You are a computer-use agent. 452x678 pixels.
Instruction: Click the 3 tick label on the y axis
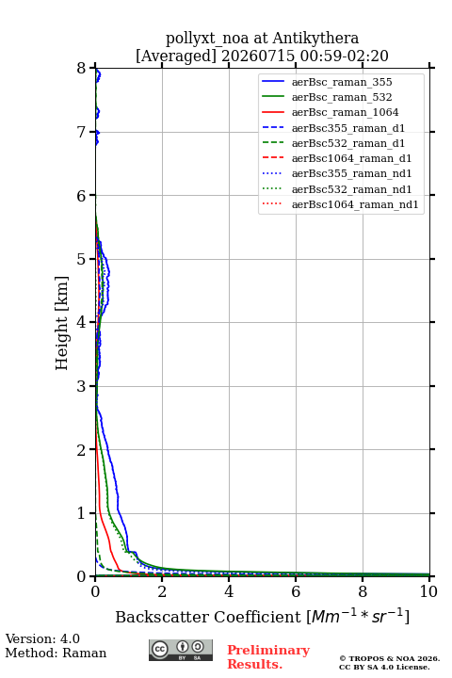82,386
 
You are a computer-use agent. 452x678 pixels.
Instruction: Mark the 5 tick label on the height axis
82,259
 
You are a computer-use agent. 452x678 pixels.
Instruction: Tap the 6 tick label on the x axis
296,591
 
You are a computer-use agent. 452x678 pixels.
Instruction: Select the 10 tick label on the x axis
428,591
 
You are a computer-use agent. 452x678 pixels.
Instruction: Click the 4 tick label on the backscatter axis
229,591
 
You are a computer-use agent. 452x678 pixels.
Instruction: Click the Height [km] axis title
62,323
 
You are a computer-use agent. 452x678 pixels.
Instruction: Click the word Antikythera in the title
315,38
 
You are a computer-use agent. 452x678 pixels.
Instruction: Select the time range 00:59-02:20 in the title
345,56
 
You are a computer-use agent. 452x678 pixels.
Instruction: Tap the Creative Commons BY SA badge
181,650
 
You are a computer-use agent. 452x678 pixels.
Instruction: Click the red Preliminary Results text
268,657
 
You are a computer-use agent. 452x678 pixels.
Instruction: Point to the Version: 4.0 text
42,638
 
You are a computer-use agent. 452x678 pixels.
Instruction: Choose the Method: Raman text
56,653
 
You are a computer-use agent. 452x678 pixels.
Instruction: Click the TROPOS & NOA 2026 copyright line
389,658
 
